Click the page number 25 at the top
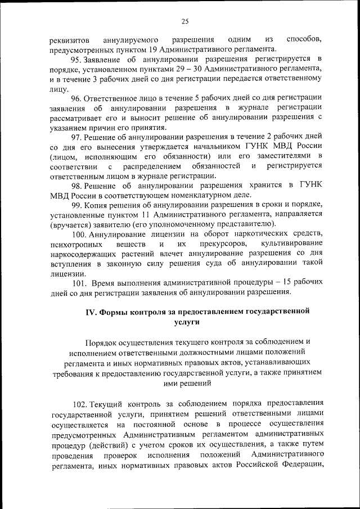pos(184,22)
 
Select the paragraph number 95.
pos(76,58)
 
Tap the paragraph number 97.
pos(76,137)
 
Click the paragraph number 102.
pos(81,403)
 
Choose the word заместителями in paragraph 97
pos(285,156)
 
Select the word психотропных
pos(75,244)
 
